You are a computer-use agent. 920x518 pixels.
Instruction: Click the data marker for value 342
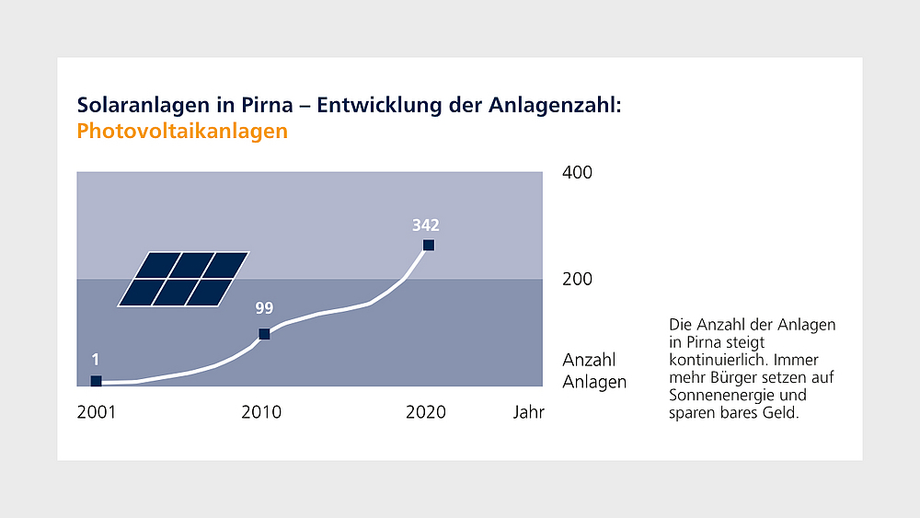(x=428, y=245)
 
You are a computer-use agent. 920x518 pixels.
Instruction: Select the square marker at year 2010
(x=264, y=334)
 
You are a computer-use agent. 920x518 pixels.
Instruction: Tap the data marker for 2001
(x=96, y=381)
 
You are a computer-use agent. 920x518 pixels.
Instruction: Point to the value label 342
(x=425, y=224)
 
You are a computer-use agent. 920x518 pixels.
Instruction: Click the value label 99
(x=264, y=308)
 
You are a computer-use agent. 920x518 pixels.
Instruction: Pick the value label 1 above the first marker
(x=95, y=360)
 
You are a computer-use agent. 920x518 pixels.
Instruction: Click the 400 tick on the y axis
(x=577, y=173)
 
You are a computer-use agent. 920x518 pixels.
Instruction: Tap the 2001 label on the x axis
(x=96, y=412)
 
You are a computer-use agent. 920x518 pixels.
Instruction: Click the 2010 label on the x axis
(x=261, y=412)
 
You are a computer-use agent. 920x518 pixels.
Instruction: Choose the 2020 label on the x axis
(x=426, y=412)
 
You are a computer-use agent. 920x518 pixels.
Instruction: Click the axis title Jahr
(x=529, y=412)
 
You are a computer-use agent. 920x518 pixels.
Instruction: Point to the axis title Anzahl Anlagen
(x=593, y=371)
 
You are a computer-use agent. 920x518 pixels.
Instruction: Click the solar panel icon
(x=183, y=279)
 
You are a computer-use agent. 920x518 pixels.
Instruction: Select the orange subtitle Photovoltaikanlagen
(x=182, y=132)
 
